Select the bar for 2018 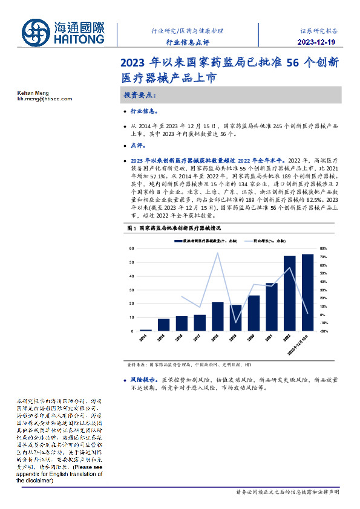click(217, 316)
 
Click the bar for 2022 click(290, 293)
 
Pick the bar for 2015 click(163, 325)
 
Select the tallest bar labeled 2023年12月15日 click(308, 293)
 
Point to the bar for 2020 click(254, 313)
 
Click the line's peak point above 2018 click(217, 253)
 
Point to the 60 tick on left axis click(131, 248)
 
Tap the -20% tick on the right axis click(323, 331)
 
